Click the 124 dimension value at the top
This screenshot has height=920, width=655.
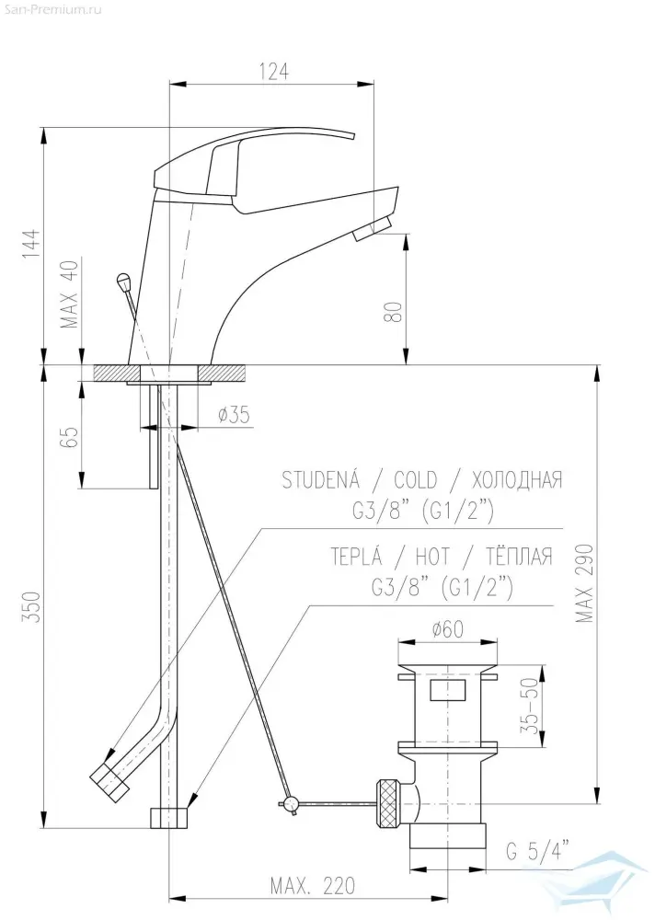click(273, 71)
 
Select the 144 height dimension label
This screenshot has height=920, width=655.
click(33, 243)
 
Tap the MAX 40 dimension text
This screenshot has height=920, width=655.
click(71, 293)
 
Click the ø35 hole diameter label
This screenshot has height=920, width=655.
click(234, 415)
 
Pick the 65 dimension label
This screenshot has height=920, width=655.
click(70, 436)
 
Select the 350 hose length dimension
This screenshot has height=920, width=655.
click(33, 606)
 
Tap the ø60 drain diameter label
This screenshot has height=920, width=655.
click(447, 629)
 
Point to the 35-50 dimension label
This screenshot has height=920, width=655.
click(529, 706)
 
